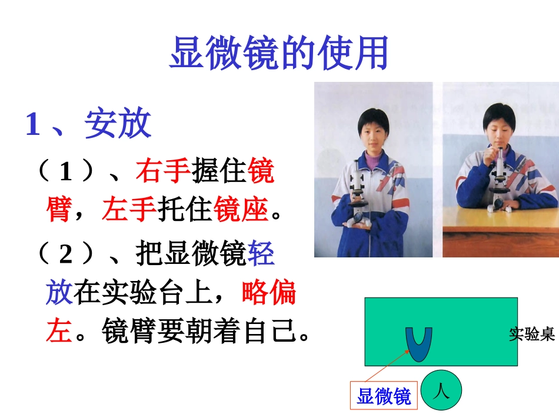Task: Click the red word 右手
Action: pyautogui.click(x=163, y=171)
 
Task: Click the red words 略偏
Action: pyautogui.click(x=269, y=292)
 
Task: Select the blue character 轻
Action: pyautogui.click(x=261, y=255)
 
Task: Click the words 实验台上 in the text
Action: pyautogui.click(x=157, y=293)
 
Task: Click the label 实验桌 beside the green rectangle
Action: pyautogui.click(x=532, y=335)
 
